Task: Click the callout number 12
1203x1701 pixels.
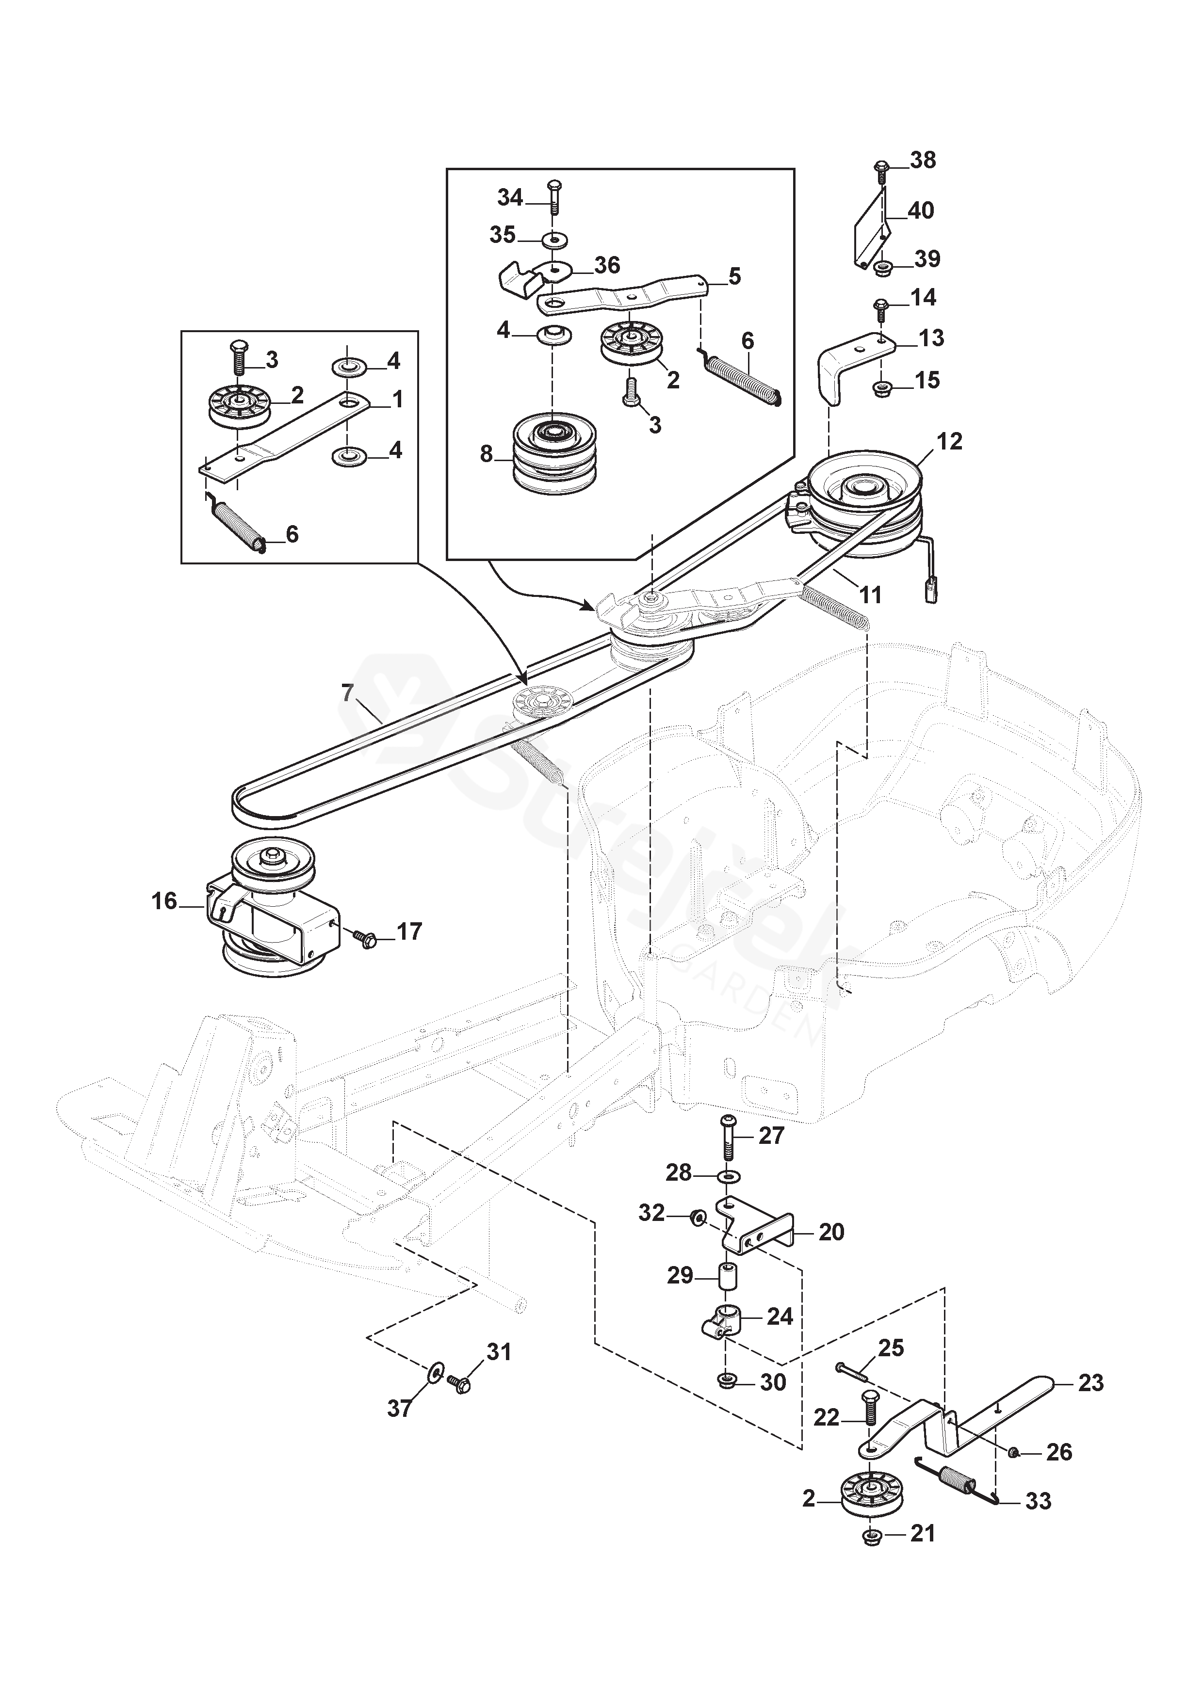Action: coord(949,442)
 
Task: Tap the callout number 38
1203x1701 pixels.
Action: coord(923,161)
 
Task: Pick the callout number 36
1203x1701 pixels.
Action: coord(607,265)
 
